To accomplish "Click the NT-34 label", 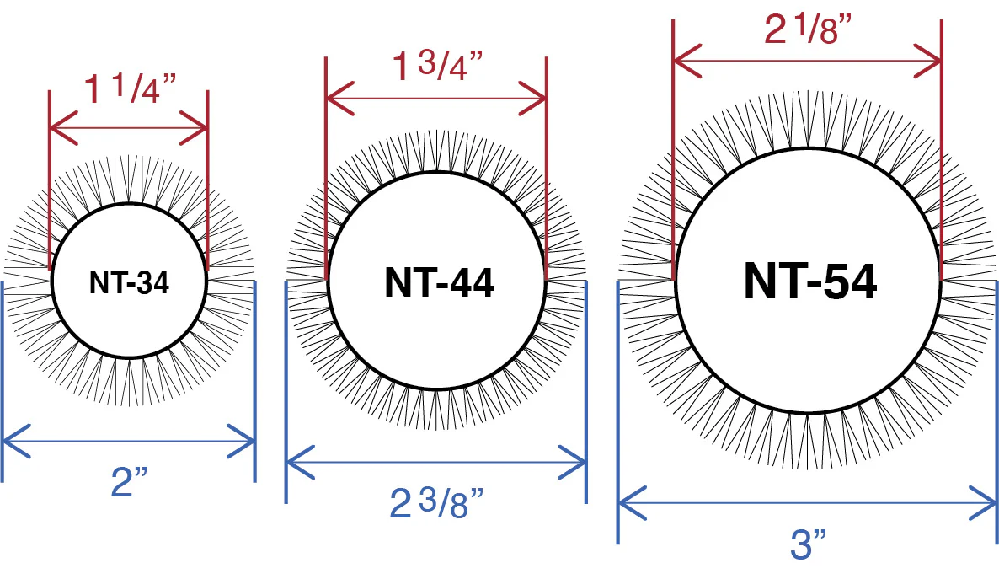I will [x=129, y=283].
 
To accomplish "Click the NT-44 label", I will [x=439, y=282].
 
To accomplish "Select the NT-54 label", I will [x=809, y=281].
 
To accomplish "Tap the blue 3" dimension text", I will [x=809, y=544].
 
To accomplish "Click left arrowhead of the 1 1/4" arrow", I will [x=56, y=129].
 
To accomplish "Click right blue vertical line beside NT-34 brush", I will [x=254, y=379].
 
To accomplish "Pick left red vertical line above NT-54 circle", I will [x=672, y=152].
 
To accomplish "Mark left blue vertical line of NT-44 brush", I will [x=286, y=388].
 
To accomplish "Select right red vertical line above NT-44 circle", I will [x=546, y=169].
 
